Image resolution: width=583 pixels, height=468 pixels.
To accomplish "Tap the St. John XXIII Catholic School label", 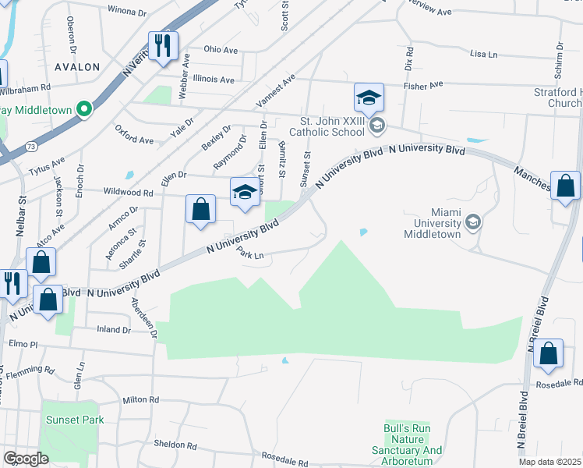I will coord(333,126).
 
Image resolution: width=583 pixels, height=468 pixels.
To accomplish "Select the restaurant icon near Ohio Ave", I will coord(163,46).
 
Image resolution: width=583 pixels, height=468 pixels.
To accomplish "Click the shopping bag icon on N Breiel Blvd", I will coord(549,353).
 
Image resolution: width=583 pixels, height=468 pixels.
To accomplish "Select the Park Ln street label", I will coord(251,254).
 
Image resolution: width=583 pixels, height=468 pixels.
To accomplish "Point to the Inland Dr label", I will coord(114,330).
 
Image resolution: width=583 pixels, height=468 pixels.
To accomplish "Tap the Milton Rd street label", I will coord(140,399).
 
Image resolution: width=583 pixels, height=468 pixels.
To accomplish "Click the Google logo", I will coord(26,459).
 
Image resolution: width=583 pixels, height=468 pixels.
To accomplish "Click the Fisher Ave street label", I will coord(423,84).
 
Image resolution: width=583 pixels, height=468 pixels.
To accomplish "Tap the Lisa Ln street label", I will coord(483,55).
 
